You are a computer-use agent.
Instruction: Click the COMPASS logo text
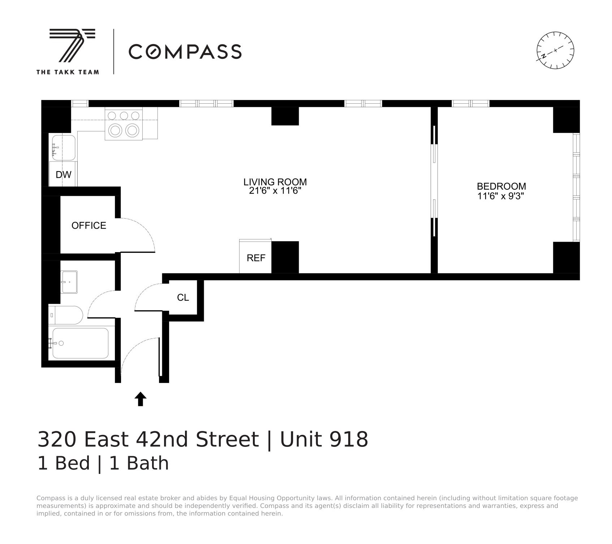pos(185,52)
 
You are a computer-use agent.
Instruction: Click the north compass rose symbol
pos(555,50)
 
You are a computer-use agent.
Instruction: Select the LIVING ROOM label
pos(275,182)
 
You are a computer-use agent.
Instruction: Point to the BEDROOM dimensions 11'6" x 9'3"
pos(501,196)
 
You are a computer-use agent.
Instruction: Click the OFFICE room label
pos(89,225)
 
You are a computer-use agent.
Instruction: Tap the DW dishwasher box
pos(63,174)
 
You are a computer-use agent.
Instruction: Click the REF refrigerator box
pos(255,258)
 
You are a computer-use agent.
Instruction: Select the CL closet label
pos(183,297)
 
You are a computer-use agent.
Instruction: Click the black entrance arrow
pos(141,399)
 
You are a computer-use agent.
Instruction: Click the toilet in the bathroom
pos(66,315)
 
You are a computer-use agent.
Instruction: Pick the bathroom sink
pos(69,282)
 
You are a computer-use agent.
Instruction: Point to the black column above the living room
pos(285,116)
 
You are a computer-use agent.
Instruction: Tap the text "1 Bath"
pos(139,463)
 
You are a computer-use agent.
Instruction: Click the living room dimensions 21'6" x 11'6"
pos(275,191)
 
